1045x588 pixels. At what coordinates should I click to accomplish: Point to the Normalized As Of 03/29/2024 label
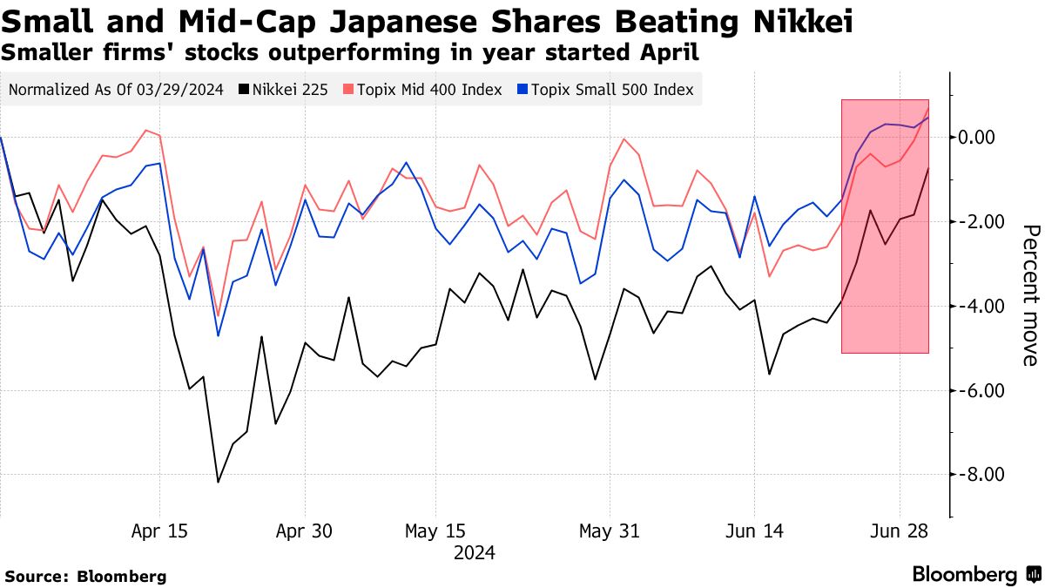[x=115, y=89]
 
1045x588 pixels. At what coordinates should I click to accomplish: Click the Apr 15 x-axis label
[x=158, y=531]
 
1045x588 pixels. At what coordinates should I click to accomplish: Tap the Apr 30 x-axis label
[x=304, y=531]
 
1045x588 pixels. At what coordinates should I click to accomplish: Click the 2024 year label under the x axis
[x=474, y=552]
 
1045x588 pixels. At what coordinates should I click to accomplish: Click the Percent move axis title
[x=1029, y=294]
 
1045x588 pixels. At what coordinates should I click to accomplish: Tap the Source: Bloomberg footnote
[x=85, y=576]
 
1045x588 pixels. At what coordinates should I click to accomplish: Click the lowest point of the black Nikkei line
[x=218, y=482]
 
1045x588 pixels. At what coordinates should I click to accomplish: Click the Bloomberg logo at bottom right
[x=975, y=574]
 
